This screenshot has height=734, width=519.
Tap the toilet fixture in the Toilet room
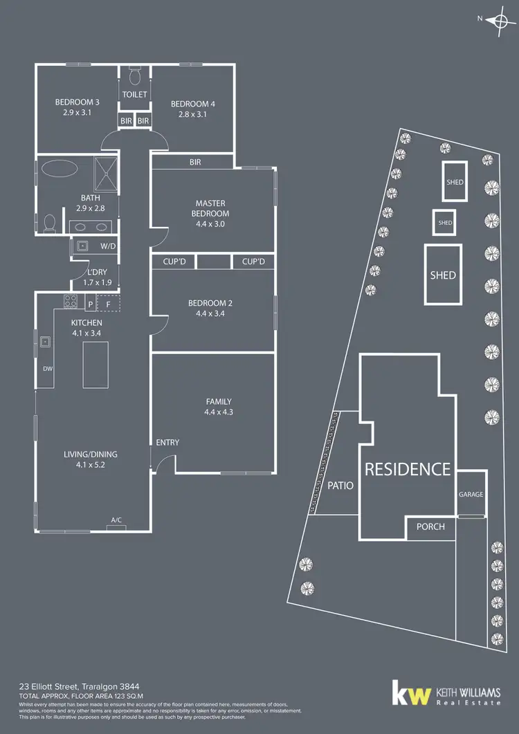(135, 73)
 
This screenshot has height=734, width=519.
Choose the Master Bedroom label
(212, 208)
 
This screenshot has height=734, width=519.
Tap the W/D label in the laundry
(109, 246)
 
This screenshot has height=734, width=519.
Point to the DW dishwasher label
(48, 369)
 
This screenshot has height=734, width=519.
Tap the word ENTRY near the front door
(167, 442)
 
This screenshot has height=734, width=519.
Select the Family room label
(219, 401)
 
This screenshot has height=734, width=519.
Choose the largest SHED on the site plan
(443, 275)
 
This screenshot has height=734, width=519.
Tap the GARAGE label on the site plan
(471, 495)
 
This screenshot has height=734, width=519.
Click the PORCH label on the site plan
(430, 526)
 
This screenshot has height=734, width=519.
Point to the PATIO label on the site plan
(340, 486)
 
